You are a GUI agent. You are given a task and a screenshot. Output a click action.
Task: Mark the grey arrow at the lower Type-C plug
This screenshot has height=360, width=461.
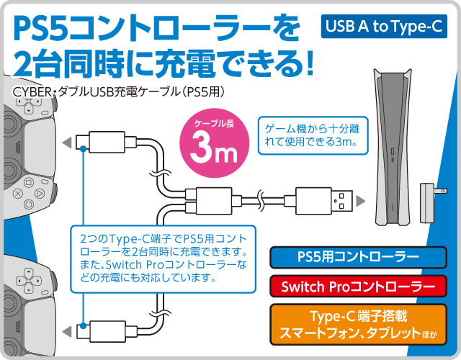[67, 331]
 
